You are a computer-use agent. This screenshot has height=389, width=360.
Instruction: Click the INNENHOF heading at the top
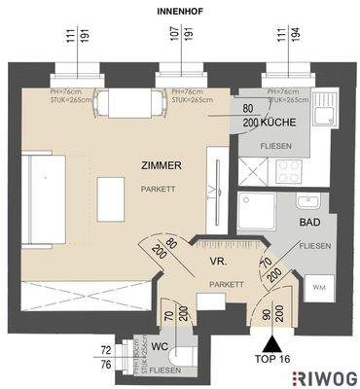(x=179, y=11)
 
